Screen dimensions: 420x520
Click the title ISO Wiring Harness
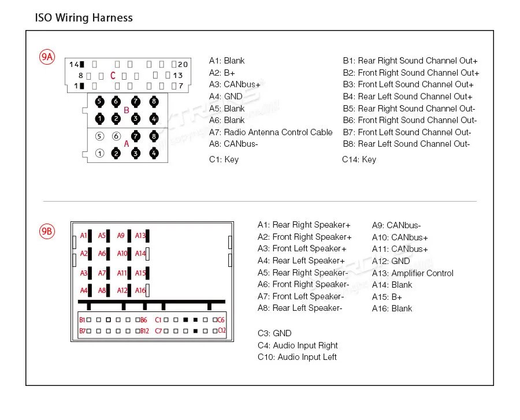(84, 18)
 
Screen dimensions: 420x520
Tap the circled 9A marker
(47, 57)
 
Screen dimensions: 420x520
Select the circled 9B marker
(47, 232)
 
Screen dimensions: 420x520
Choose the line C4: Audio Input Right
(298, 345)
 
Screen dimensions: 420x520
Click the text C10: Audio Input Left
(297, 357)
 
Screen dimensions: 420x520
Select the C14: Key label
(359, 159)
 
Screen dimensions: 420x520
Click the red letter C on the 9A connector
(113, 76)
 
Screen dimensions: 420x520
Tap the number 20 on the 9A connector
(183, 65)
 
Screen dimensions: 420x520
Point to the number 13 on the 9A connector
(178, 76)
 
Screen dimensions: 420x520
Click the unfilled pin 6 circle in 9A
(116, 137)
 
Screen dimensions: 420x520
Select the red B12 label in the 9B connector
(145, 331)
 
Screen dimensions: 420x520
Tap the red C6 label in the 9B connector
(221, 319)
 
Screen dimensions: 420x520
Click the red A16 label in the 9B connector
(140, 291)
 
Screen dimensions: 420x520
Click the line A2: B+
(222, 73)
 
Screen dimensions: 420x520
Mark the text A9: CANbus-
(396, 225)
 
